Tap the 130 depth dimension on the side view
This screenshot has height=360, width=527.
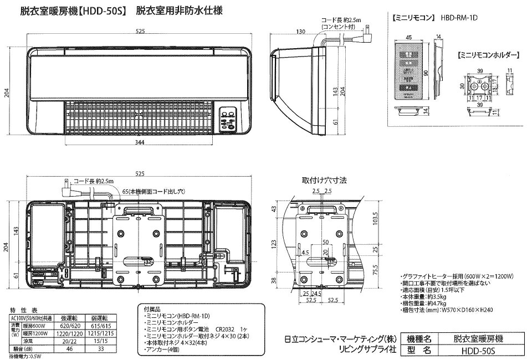301,32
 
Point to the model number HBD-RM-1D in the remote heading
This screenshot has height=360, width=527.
460,18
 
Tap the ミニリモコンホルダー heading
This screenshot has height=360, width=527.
487,55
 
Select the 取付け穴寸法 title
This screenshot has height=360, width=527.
324,180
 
